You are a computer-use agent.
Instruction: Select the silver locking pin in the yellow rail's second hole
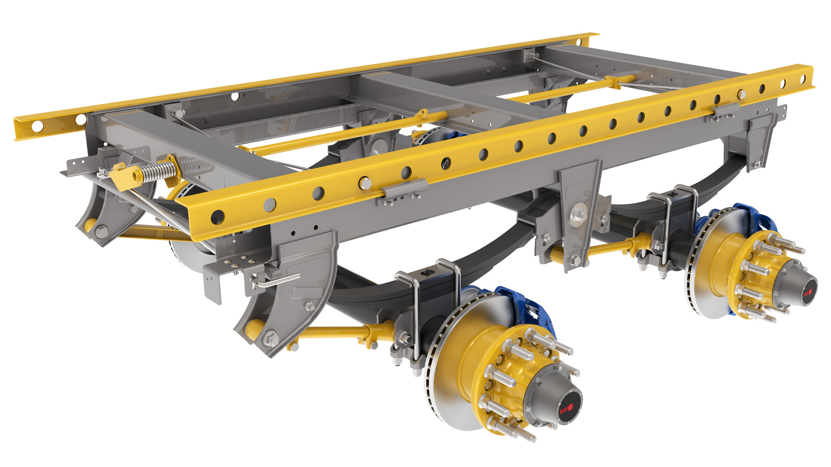point(365,183)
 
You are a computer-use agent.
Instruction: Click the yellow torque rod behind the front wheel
point(333,333)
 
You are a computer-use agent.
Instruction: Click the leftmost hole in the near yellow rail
point(217,217)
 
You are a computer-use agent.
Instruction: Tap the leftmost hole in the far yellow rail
point(38,126)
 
